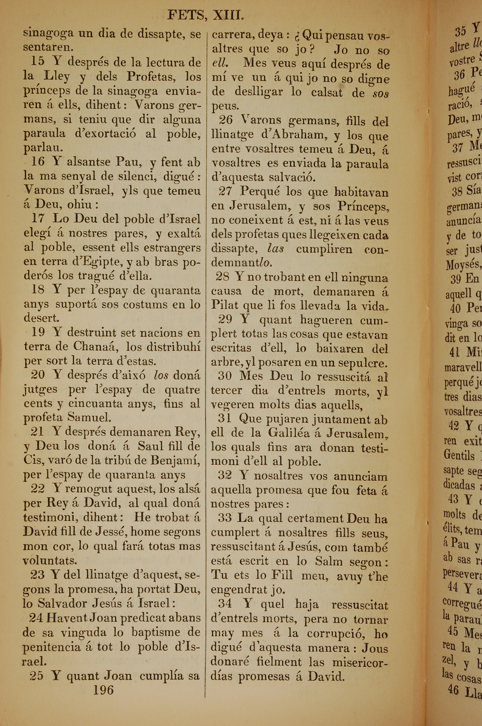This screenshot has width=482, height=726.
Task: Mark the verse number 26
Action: click(226, 120)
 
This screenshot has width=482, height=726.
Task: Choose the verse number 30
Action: click(225, 376)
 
